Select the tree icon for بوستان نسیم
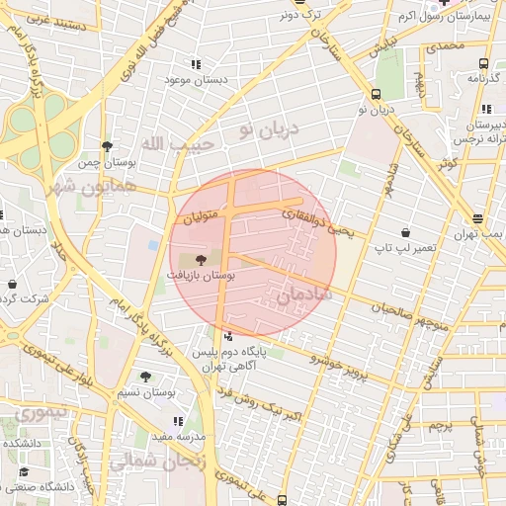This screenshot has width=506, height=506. coord(147,376)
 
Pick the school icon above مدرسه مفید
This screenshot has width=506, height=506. coord(178,422)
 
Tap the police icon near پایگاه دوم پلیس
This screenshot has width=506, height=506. coord(229,335)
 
